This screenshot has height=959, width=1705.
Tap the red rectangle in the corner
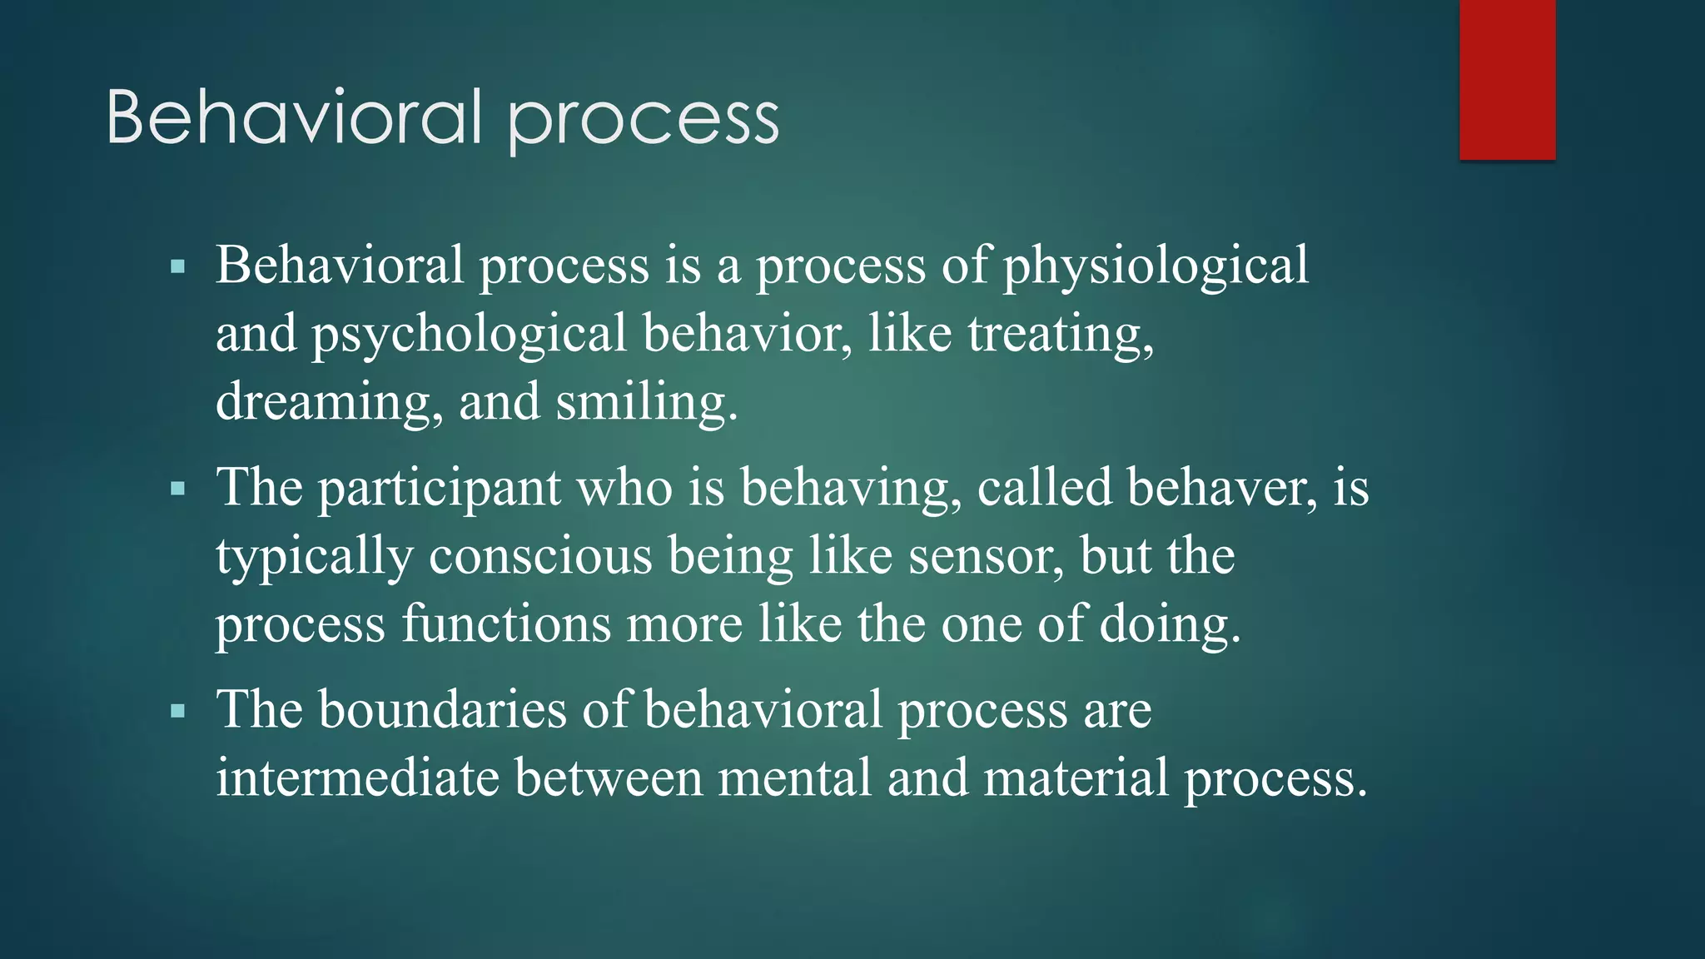(x=1507, y=79)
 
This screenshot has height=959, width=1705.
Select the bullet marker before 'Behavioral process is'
(x=177, y=268)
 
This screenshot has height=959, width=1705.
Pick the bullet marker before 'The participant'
(x=177, y=489)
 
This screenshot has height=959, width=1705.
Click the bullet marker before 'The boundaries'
(x=177, y=712)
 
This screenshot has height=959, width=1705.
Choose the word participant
(x=440, y=489)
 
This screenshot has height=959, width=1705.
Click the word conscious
(x=540, y=556)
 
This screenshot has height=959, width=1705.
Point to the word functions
(x=505, y=624)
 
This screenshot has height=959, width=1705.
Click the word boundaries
(x=442, y=710)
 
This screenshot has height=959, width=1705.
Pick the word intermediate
(x=356, y=778)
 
